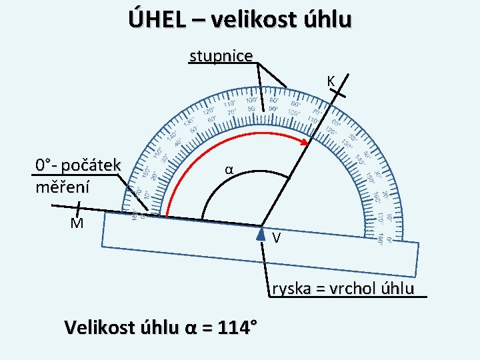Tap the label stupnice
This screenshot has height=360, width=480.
click(221, 55)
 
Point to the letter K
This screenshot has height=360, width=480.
click(331, 81)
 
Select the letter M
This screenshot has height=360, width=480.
click(77, 223)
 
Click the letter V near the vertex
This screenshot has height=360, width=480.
click(276, 238)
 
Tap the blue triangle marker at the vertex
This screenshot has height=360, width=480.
click(261, 233)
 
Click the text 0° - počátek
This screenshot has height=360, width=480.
click(78, 165)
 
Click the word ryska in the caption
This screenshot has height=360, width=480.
click(291, 289)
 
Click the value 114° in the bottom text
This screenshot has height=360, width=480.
click(233, 327)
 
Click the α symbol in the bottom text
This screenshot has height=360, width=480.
click(189, 328)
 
